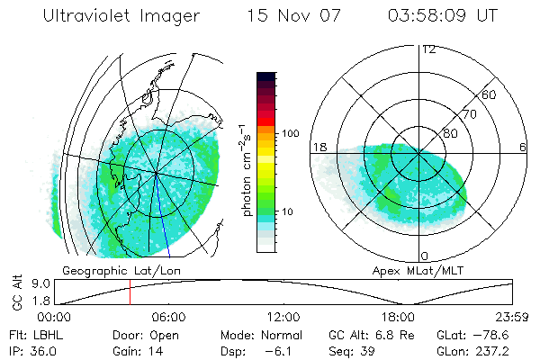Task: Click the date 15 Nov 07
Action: pyautogui.click(x=288, y=17)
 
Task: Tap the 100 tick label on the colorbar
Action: pyautogui.click(x=291, y=133)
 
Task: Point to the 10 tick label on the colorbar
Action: pyautogui.click(x=289, y=211)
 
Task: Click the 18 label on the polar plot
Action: pyautogui.click(x=318, y=146)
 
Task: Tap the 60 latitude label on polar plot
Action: pyautogui.click(x=489, y=94)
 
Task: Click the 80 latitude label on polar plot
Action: pyautogui.click(x=449, y=133)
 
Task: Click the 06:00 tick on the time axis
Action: pyautogui.click(x=169, y=317)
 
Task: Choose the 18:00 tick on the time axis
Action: pyautogui.click(x=399, y=317)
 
